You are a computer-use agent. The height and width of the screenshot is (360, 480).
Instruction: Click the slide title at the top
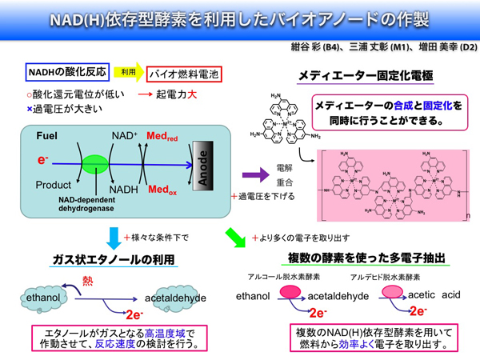click(x=240, y=18)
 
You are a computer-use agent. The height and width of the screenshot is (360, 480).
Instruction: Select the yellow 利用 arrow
click(x=129, y=73)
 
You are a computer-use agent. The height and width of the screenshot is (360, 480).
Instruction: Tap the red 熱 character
click(x=89, y=281)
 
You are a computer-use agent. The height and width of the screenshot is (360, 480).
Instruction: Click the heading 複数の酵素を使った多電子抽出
click(x=366, y=258)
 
